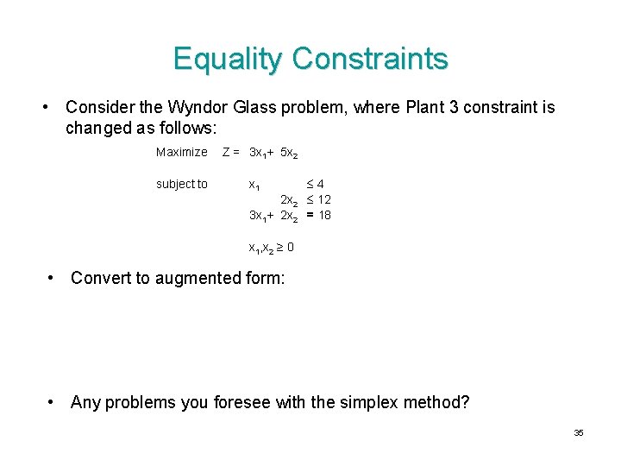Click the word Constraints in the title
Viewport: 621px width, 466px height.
click(369, 59)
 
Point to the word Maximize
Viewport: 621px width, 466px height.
click(181, 153)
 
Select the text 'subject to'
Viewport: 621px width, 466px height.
click(181, 184)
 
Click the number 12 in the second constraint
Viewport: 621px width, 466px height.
click(324, 199)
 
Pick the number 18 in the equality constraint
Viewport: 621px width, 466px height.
click(324, 215)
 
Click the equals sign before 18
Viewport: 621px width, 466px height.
click(309, 215)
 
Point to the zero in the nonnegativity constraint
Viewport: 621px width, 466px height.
click(290, 247)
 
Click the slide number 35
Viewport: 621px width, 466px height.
click(579, 432)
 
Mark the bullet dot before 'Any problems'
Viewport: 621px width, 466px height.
click(53, 402)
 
